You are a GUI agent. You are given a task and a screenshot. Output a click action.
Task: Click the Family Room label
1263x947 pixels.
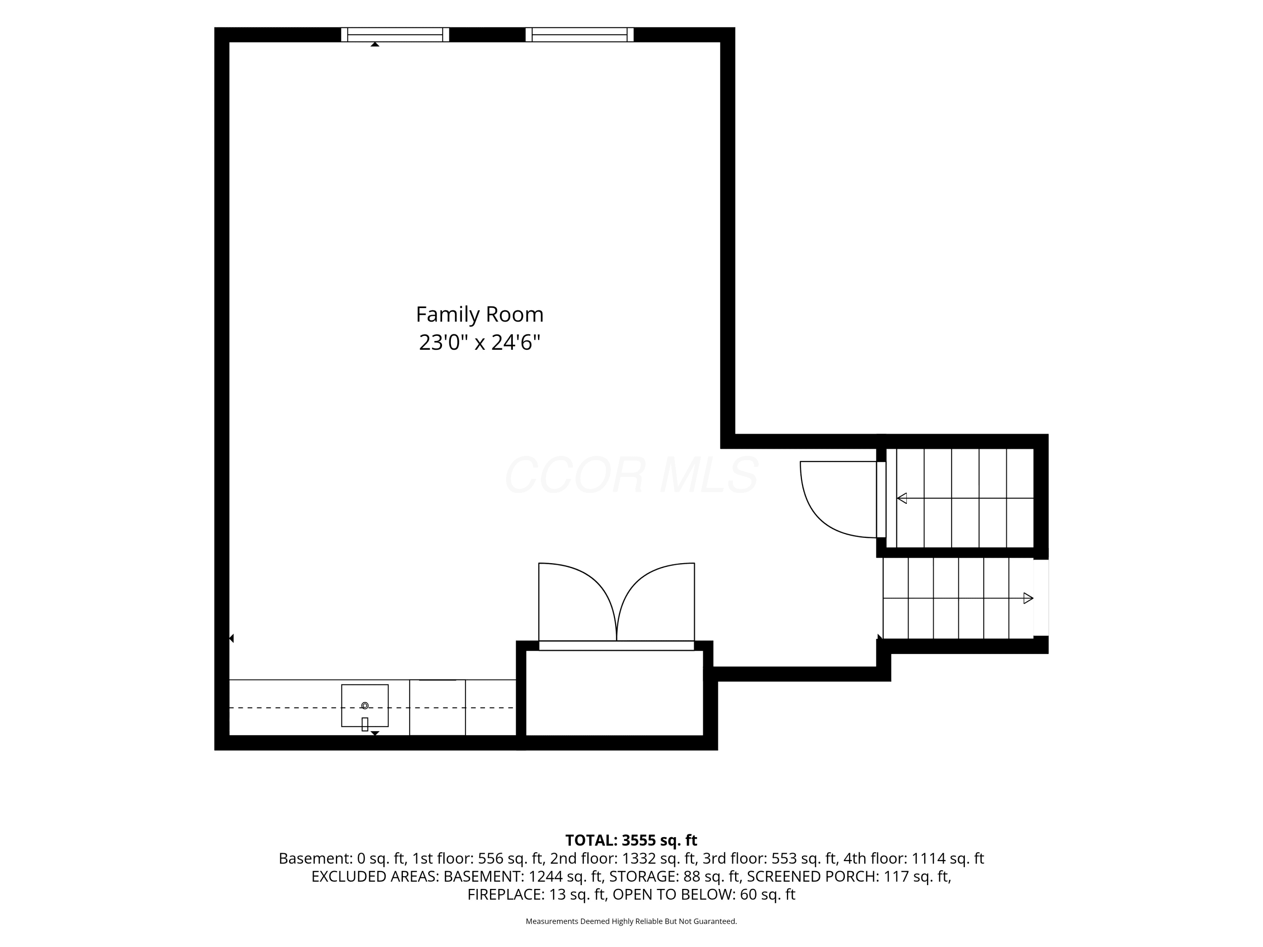[x=479, y=314]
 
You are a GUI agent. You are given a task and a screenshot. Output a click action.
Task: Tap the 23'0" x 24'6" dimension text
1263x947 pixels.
[x=479, y=343]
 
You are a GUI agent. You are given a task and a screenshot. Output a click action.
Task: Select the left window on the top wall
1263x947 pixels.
[x=395, y=35]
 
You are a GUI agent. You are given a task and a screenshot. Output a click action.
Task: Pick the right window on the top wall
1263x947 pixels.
[x=580, y=35]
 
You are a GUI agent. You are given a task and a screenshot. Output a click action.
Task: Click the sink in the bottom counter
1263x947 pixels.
[x=365, y=705]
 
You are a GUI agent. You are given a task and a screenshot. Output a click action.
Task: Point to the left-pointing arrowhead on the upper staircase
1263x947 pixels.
[x=902, y=498]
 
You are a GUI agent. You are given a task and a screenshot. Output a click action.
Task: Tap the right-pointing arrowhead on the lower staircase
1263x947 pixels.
[x=1029, y=598]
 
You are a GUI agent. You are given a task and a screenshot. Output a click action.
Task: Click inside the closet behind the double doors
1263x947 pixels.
[x=614, y=693]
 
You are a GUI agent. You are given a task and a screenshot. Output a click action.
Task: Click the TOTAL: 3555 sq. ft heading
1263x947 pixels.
[x=631, y=840]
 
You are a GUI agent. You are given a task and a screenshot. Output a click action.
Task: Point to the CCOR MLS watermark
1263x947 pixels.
[x=631, y=475]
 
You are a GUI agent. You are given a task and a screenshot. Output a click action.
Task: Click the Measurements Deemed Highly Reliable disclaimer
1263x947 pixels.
[x=631, y=921]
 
